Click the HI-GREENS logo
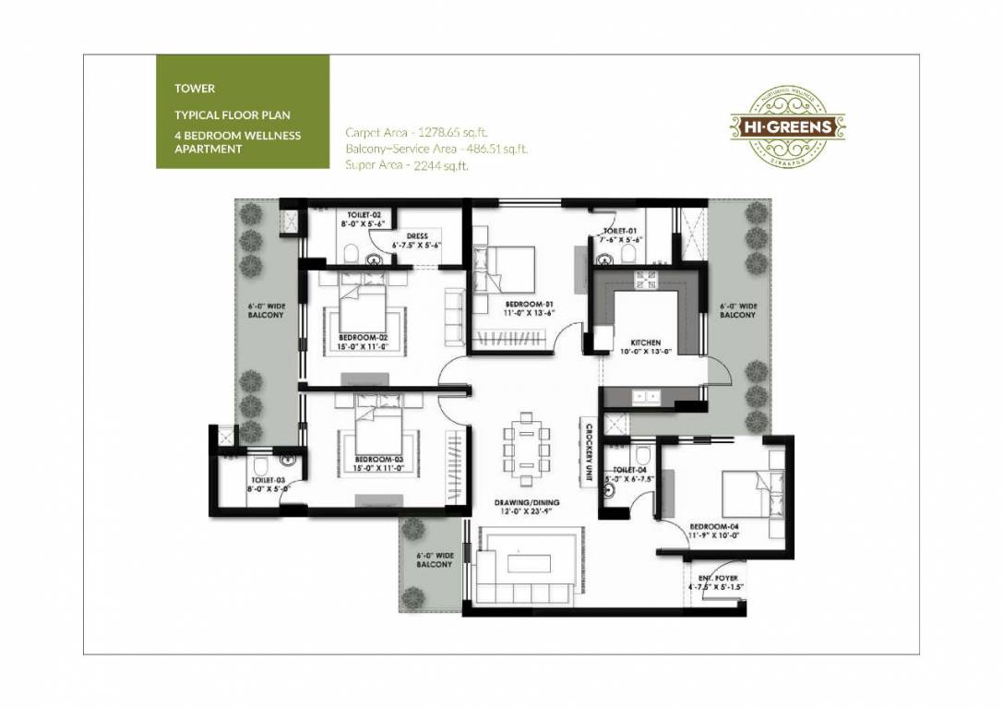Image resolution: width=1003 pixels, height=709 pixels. [788, 126]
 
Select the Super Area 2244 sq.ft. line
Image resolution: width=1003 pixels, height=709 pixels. [407, 165]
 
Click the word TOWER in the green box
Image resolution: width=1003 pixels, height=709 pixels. [195, 89]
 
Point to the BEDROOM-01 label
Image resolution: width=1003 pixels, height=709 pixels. [528, 305]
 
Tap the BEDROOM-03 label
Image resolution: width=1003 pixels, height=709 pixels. [378, 459]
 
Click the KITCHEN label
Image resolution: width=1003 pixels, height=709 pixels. [646, 342]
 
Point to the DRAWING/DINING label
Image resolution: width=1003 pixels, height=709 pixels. [525, 503]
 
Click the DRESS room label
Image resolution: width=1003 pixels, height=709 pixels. [416, 236]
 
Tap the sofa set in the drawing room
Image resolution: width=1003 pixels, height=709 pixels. [528, 565]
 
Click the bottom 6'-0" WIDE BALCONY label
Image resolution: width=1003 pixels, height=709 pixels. [434, 559]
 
